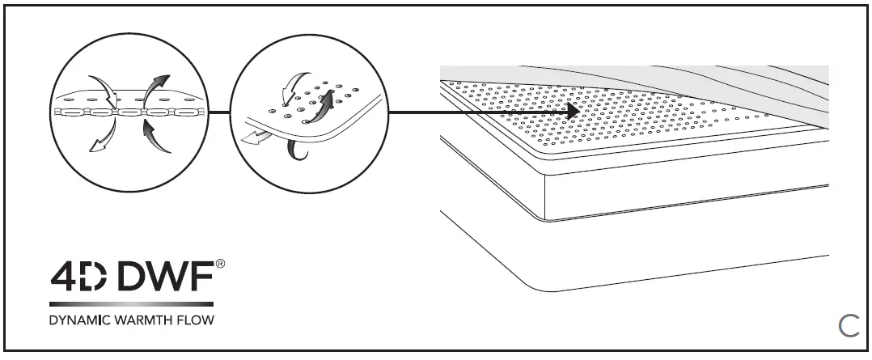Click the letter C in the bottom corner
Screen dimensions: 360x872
(848, 326)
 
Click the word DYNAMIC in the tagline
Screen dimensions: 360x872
(83, 320)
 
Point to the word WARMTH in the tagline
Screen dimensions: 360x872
(151, 320)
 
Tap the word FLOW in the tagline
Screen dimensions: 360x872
(199, 320)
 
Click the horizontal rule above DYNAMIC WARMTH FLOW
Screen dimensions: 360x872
(132, 304)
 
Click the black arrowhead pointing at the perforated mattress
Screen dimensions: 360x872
(572, 112)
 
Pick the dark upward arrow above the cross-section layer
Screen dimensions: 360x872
(155, 84)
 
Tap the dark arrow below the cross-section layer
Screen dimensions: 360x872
(156, 138)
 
